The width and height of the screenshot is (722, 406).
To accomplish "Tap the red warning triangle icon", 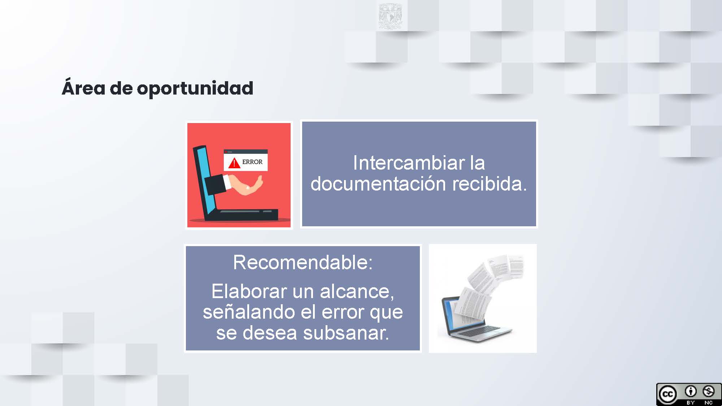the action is [234, 163].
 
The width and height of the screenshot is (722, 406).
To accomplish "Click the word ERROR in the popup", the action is [252, 162].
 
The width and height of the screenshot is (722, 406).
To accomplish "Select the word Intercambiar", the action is [409, 163].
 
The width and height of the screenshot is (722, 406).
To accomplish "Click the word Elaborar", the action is [249, 291].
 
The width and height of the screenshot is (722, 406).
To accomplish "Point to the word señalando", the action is [249, 312].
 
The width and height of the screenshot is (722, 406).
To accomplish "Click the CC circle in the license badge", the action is [667, 394].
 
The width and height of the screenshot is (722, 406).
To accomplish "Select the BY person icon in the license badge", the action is [691, 391].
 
